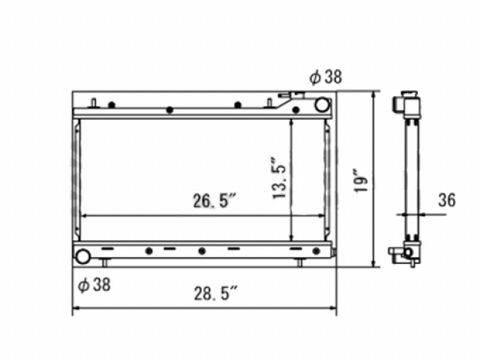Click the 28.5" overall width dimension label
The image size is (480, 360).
point(216,293)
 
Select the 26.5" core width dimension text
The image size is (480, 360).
point(215,200)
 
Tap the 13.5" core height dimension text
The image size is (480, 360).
point(279,178)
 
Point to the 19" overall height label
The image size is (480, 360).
point(361,180)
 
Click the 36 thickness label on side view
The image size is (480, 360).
point(447,199)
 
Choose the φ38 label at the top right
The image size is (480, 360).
point(325,76)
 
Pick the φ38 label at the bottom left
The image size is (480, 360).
point(94,285)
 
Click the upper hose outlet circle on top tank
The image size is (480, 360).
point(322,105)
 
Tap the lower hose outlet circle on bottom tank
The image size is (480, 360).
point(82,256)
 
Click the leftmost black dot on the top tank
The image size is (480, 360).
point(112,105)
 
